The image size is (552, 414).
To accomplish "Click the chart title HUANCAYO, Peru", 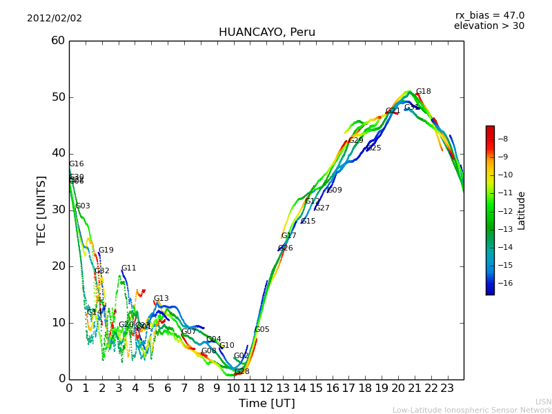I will (x=266, y=32).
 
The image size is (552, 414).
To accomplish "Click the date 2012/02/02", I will (x=55, y=19).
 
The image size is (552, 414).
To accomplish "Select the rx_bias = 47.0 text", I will (x=489, y=16).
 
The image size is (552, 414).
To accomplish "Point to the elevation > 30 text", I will (x=489, y=26).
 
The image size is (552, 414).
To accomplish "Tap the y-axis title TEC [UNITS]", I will (x=41, y=210).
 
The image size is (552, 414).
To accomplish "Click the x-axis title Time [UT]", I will (x=266, y=404).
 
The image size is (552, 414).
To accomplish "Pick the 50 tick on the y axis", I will (x=57, y=97).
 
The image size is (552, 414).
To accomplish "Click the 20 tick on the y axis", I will (x=57, y=266).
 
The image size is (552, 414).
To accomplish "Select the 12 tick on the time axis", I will (x=266, y=388).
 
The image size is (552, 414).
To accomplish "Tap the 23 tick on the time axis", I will (x=447, y=388).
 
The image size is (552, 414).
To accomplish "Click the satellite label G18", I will (x=423, y=92).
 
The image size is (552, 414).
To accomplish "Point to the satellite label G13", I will (x=161, y=299).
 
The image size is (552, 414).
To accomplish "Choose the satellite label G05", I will (x=262, y=330).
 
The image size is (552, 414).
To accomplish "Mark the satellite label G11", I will (x=129, y=268).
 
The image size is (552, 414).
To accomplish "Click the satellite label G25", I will (x=373, y=148).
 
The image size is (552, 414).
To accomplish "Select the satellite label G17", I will (x=288, y=236).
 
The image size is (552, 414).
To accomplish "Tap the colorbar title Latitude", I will (x=522, y=210).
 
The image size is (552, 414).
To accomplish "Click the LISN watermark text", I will (x=543, y=402).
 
